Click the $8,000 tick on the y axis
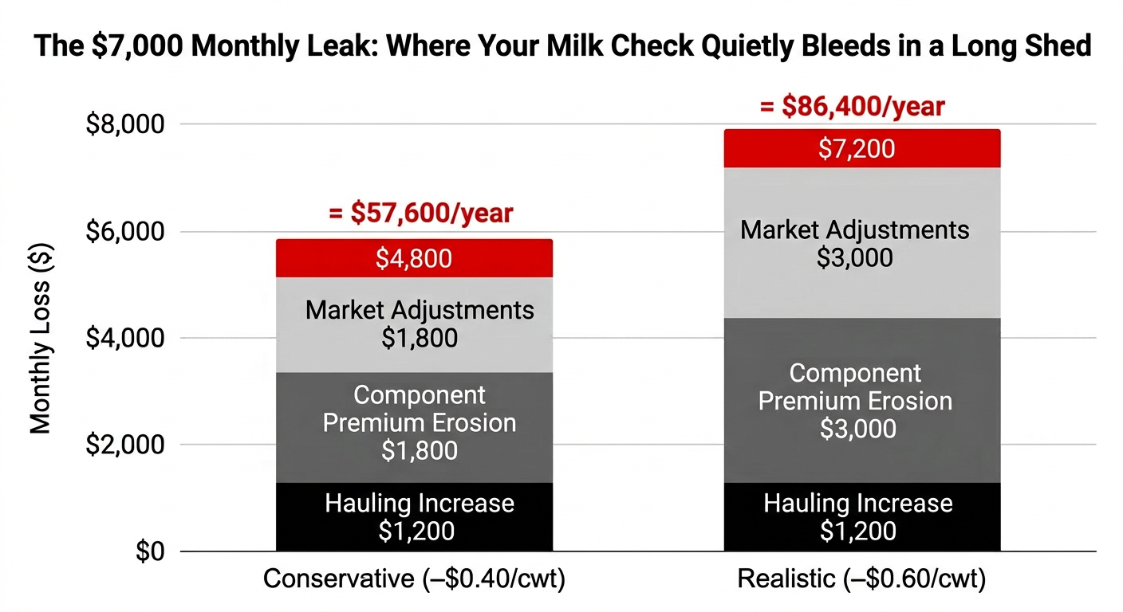click(125, 124)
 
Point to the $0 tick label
click(150, 551)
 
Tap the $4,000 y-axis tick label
click(125, 338)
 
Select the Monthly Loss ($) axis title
click(41, 338)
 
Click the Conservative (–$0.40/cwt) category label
click(414, 579)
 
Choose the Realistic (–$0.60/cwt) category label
click(862, 579)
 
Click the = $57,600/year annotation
click(420, 213)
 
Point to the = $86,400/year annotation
click(853, 106)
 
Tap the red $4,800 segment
click(414, 258)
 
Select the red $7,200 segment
click(862, 149)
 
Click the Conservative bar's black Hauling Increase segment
click(414, 517)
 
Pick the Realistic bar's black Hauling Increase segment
click(862, 517)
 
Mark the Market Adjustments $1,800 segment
click(414, 325)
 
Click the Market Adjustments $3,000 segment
click(862, 243)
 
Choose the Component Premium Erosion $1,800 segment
click(414, 428)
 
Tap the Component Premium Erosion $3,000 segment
click(862, 401)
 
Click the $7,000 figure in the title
click(138, 46)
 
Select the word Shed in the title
click(1058, 45)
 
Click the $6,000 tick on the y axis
click(125, 231)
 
